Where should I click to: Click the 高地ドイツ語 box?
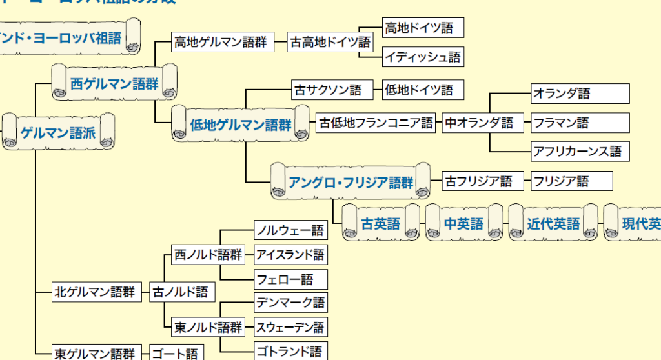423,28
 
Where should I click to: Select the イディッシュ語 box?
423,57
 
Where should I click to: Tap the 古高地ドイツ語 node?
330,43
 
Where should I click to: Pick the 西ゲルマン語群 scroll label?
114,83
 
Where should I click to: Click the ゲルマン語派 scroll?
58,133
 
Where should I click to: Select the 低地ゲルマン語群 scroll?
241,125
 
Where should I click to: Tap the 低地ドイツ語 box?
423,90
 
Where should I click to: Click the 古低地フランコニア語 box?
376,123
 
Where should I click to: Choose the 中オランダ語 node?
479,123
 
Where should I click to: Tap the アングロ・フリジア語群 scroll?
351,182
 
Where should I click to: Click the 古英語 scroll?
380,223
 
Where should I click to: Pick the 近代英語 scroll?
553,223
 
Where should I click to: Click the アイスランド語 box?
290,255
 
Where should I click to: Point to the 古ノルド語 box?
181,292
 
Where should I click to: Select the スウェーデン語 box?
290,327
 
